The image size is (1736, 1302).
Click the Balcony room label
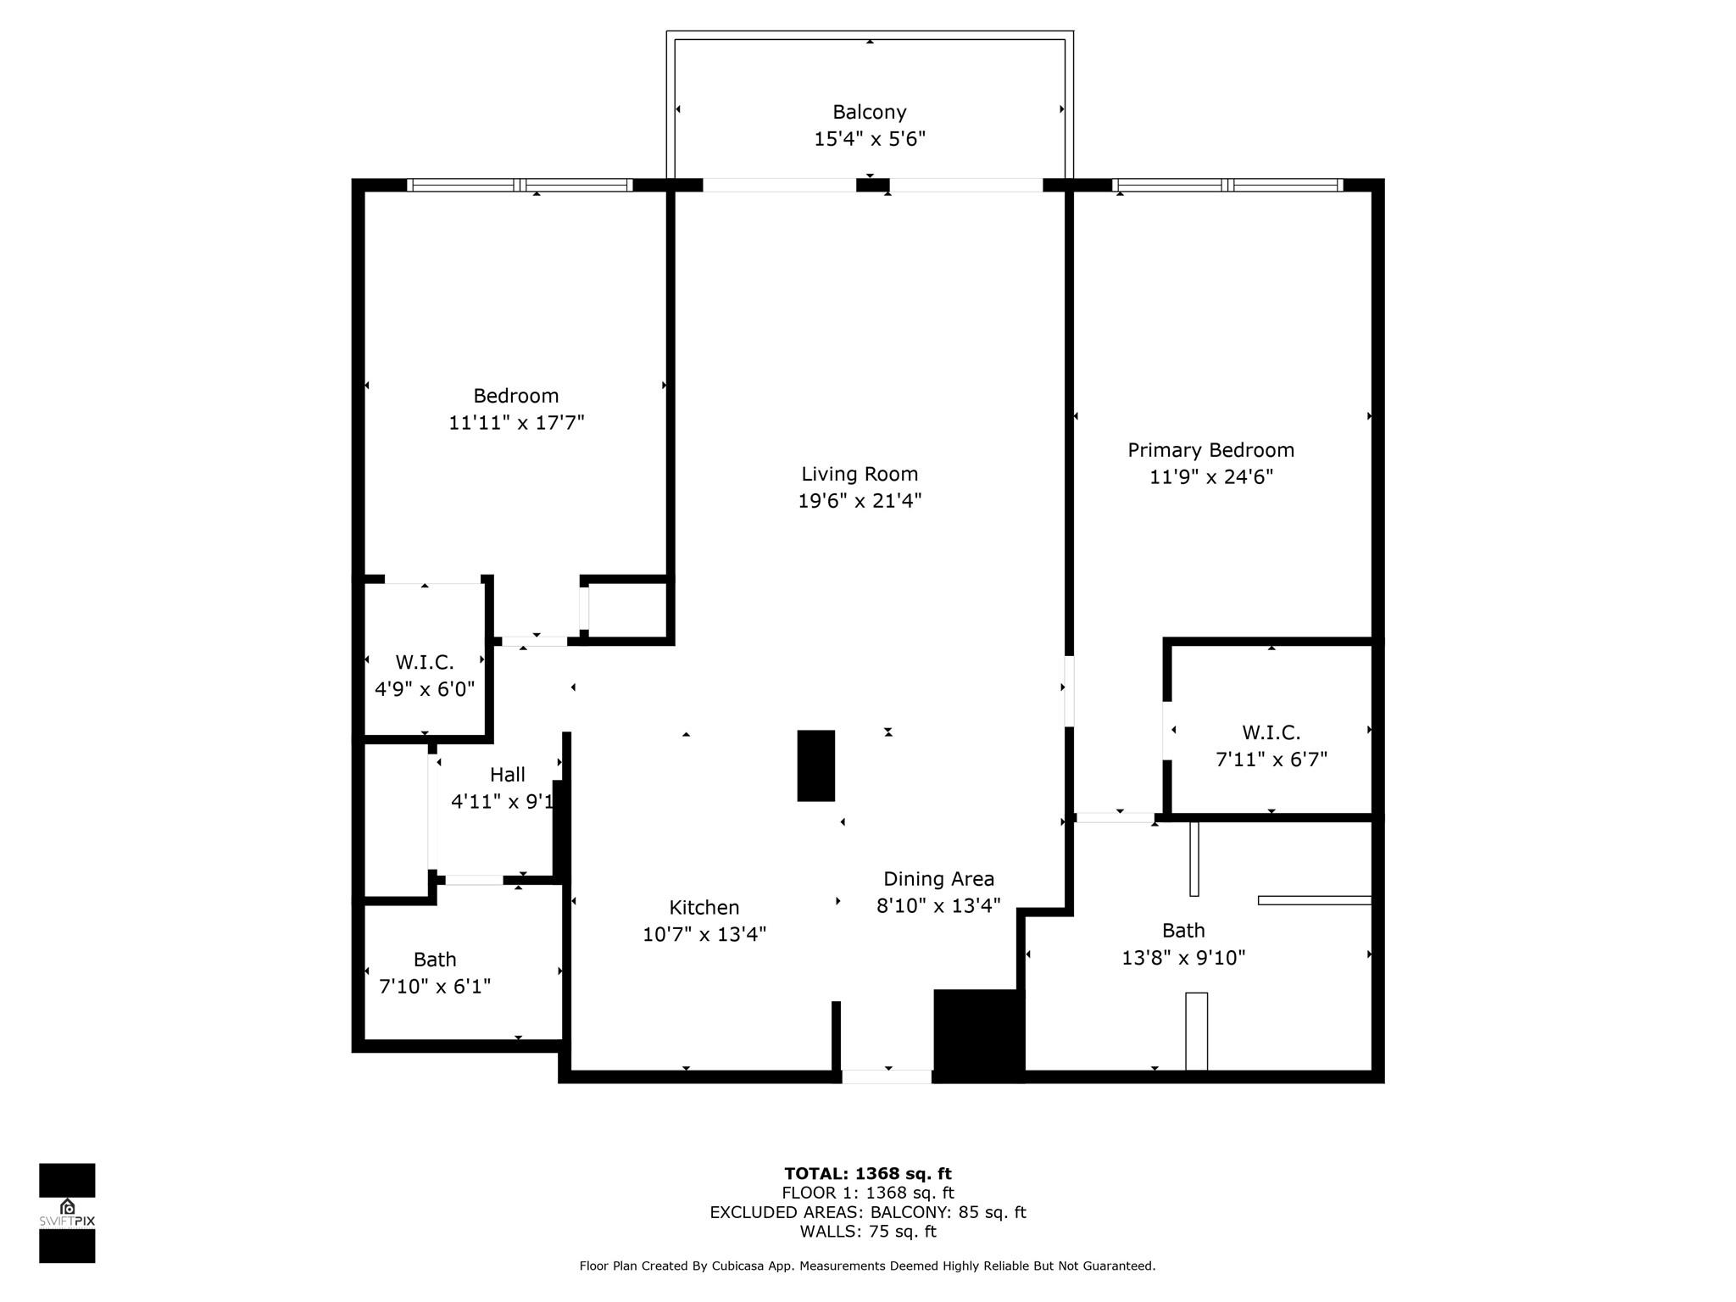click(x=870, y=112)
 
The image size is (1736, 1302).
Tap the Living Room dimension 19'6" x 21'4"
click(x=860, y=500)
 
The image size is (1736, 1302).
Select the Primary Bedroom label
click(x=1210, y=450)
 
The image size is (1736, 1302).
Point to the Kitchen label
click(x=704, y=907)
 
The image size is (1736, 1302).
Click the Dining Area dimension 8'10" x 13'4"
click(x=938, y=905)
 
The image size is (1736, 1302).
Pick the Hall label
click(x=507, y=774)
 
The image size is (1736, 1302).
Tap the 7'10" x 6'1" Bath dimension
click(x=435, y=986)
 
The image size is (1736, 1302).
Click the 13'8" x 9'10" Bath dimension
click(x=1183, y=957)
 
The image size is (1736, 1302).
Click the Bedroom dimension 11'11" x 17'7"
click(x=516, y=422)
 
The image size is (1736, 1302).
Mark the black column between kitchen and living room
click(x=815, y=765)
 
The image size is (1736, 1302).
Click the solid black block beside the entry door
click(x=979, y=1036)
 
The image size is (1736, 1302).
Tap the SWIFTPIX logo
click(x=67, y=1213)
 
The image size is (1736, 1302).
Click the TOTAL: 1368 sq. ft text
click(x=868, y=1173)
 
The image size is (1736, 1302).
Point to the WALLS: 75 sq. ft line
click(x=868, y=1232)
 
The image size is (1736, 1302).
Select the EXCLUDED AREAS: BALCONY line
click(x=868, y=1212)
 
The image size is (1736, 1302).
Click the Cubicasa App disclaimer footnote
click(x=867, y=1266)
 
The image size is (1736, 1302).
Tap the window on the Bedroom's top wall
click(x=520, y=185)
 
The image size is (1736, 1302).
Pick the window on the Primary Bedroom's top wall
click(x=1227, y=185)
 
